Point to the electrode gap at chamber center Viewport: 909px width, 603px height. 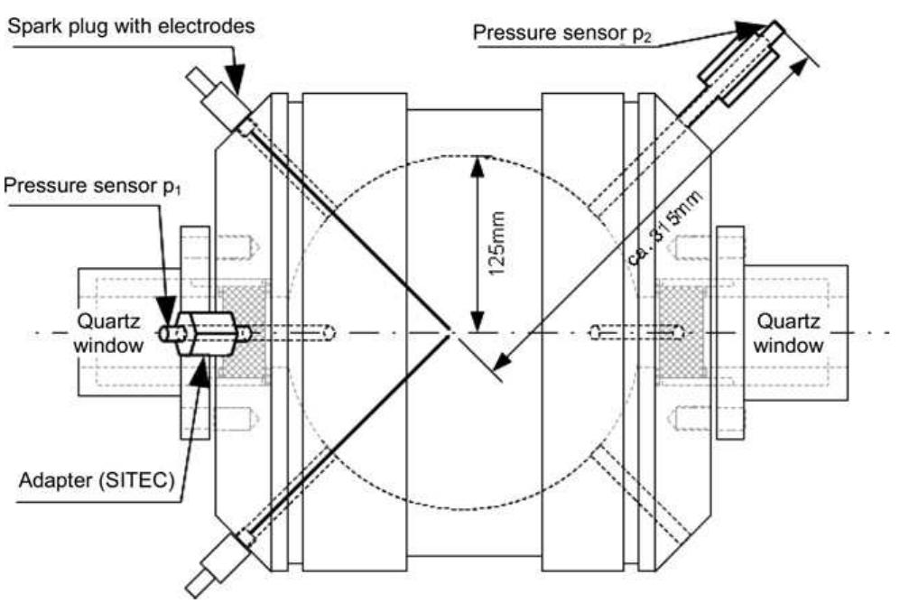(451, 333)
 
